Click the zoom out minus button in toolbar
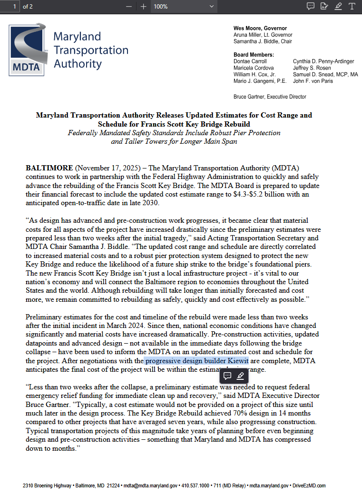(x=129, y=6)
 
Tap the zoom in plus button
(x=144, y=6)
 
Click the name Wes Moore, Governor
(x=260, y=29)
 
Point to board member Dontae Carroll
(x=250, y=61)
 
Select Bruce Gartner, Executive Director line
(x=270, y=97)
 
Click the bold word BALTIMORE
(x=49, y=168)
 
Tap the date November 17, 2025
(x=108, y=168)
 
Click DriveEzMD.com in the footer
(x=309, y=485)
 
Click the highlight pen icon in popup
(x=240, y=376)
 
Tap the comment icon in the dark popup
(x=227, y=376)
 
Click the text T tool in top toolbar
(x=352, y=6)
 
